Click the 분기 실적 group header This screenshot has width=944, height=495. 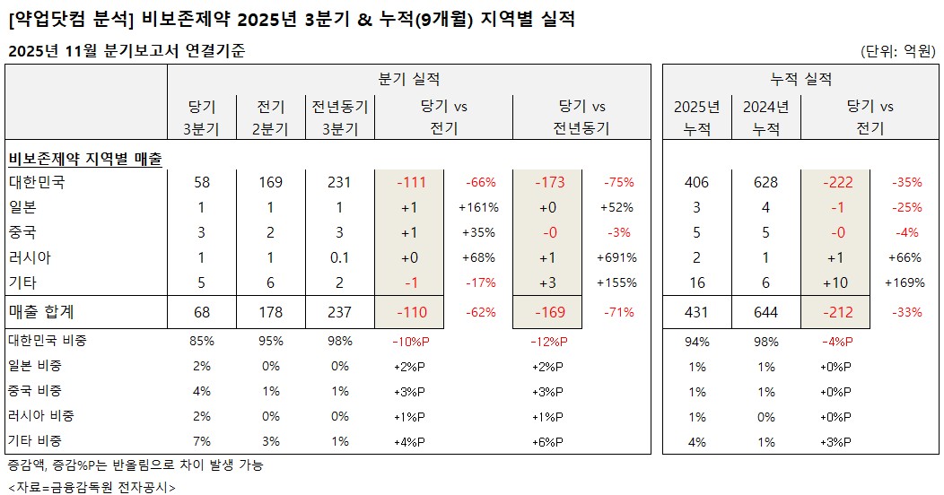(x=408, y=79)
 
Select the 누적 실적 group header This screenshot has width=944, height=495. (x=801, y=79)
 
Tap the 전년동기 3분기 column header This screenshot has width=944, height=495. (x=339, y=117)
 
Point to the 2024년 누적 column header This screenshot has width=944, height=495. (x=765, y=117)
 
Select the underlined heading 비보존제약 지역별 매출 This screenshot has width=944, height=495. (x=85, y=159)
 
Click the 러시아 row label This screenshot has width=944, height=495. (x=31, y=257)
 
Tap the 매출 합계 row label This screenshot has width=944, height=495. (x=42, y=312)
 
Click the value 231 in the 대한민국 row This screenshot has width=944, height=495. (x=339, y=182)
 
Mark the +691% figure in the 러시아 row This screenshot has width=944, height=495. (x=617, y=257)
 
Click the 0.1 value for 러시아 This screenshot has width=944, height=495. (x=339, y=257)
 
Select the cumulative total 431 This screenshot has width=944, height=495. (x=696, y=312)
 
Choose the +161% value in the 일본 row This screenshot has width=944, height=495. (x=477, y=207)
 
